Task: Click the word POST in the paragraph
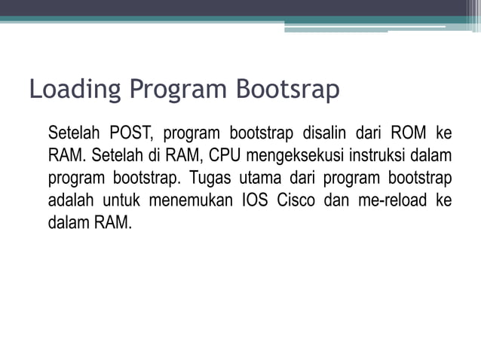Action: click(x=131, y=134)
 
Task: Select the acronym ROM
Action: click(x=407, y=134)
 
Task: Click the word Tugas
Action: click(x=209, y=179)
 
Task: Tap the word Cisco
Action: click(x=296, y=201)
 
